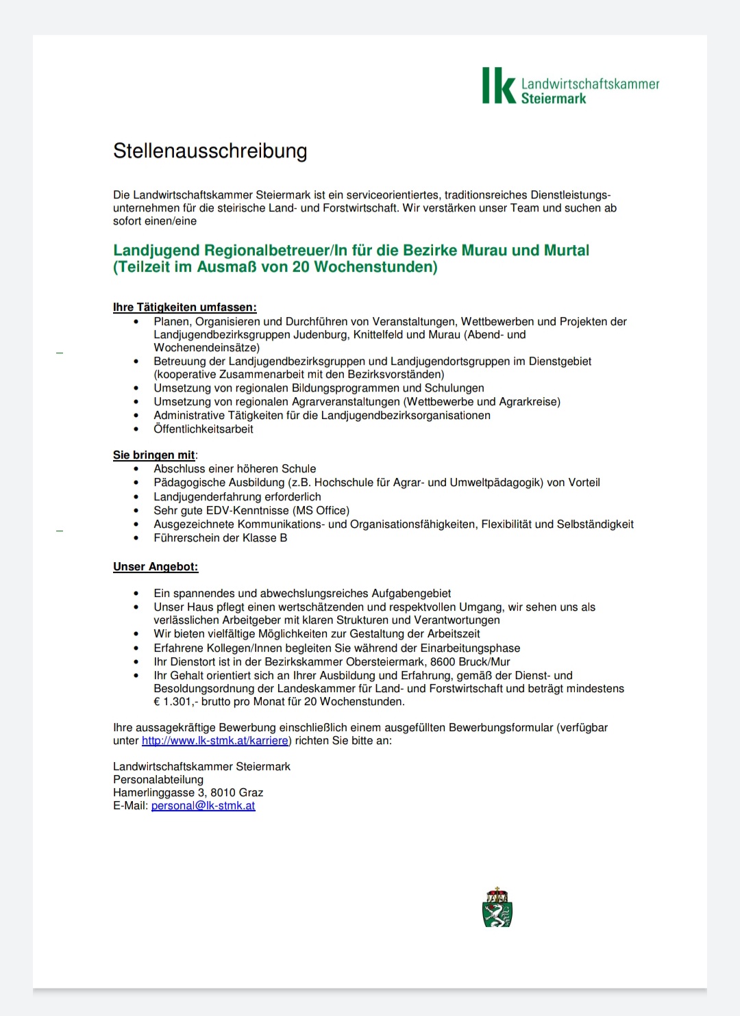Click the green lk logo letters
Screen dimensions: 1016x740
[x=498, y=86]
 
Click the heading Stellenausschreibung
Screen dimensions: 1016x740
[x=210, y=151]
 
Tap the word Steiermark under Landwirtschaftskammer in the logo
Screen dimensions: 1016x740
[x=553, y=99]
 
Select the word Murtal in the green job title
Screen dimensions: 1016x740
[x=566, y=251]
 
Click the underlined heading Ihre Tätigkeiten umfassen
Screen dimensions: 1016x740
[x=184, y=307]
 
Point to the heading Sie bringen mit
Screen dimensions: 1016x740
[x=154, y=455]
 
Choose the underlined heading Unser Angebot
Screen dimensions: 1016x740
[x=156, y=567]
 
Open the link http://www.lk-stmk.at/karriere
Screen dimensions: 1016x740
[x=214, y=741]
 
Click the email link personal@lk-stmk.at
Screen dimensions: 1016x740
[x=203, y=806]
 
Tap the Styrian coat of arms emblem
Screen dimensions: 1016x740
[x=497, y=908]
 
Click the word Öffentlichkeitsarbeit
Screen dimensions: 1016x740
[x=203, y=429]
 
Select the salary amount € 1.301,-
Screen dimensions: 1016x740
[x=176, y=702]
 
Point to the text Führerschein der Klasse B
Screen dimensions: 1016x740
[x=220, y=538]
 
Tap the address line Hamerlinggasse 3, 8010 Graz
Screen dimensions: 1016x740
[x=188, y=793]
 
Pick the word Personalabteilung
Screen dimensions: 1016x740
[x=158, y=780]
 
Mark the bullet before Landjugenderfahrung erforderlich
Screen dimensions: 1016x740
[x=136, y=497]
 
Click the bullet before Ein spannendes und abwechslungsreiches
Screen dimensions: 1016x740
[x=136, y=594]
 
